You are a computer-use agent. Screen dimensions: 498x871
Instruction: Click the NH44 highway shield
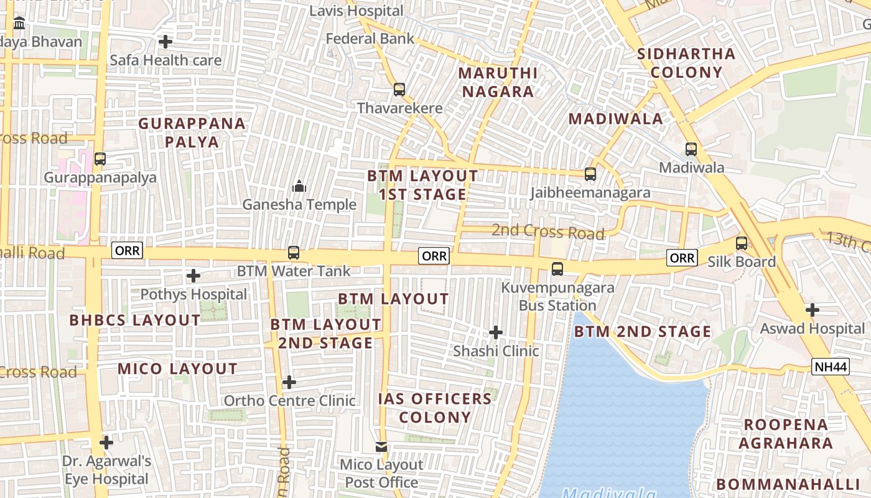tap(831, 367)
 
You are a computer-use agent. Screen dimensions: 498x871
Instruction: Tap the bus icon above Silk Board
tap(742, 243)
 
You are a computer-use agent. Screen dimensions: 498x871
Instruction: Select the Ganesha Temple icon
tap(299, 186)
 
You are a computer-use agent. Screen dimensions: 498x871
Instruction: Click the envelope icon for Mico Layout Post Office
tap(381, 446)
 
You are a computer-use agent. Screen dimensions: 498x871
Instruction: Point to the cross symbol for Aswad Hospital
tap(812, 309)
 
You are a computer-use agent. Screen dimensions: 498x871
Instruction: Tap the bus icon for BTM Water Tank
tap(294, 253)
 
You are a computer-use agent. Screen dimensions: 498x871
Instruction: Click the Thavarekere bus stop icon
tap(399, 90)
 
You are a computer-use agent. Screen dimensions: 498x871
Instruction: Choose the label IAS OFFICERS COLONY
tap(435, 408)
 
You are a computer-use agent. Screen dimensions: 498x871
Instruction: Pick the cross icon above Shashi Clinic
tap(496, 332)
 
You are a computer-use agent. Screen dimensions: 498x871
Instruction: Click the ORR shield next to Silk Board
tap(681, 258)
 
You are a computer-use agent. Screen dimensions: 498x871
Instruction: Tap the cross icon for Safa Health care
tap(165, 42)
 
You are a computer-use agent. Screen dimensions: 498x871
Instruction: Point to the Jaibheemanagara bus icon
tap(590, 174)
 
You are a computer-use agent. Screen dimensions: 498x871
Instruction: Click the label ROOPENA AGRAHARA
tap(786, 434)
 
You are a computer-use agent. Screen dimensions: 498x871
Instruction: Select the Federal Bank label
tap(370, 39)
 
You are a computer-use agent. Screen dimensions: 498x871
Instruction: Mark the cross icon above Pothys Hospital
tap(193, 275)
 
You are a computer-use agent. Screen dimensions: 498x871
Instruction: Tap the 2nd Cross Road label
tap(547, 232)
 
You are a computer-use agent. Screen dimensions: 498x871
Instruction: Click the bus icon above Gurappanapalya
tap(100, 159)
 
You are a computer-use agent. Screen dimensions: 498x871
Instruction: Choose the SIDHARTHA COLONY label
tap(687, 63)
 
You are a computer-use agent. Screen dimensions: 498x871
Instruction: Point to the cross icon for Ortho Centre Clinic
tap(289, 382)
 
